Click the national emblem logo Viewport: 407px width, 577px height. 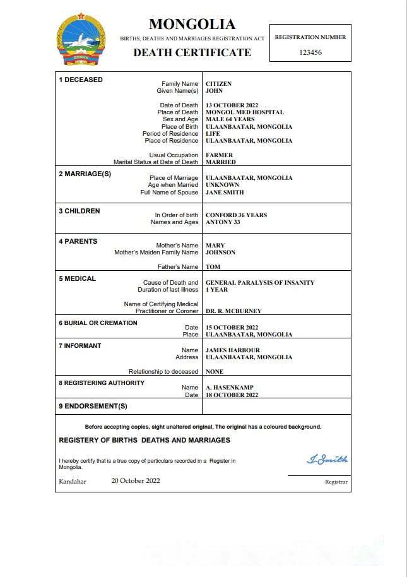pos(81,40)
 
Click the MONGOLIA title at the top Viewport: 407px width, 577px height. pos(192,25)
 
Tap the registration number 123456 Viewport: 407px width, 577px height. pos(310,52)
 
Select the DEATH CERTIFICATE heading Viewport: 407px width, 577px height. pos(192,52)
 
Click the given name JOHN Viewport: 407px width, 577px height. pos(215,91)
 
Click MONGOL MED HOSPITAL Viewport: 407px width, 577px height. pos(245,112)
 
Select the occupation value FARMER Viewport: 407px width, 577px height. pos(220,155)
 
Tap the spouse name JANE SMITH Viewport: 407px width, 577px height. pos(225,193)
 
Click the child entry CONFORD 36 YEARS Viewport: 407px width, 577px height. pos(236,215)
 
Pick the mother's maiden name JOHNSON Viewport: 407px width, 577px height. pos(220,253)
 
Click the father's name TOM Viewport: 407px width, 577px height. pos(213,267)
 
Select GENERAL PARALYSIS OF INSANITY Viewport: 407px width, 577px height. pos(260,283)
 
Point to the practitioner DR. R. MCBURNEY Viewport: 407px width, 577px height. pos(233,311)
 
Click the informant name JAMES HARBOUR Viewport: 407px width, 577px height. pos(233,350)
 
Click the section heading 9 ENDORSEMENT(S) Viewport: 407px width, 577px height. pos(93,406)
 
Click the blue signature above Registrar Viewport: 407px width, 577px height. pos(327,460)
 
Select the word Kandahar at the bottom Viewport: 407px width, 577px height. pos(73,482)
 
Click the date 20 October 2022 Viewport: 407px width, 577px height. pos(136,481)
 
